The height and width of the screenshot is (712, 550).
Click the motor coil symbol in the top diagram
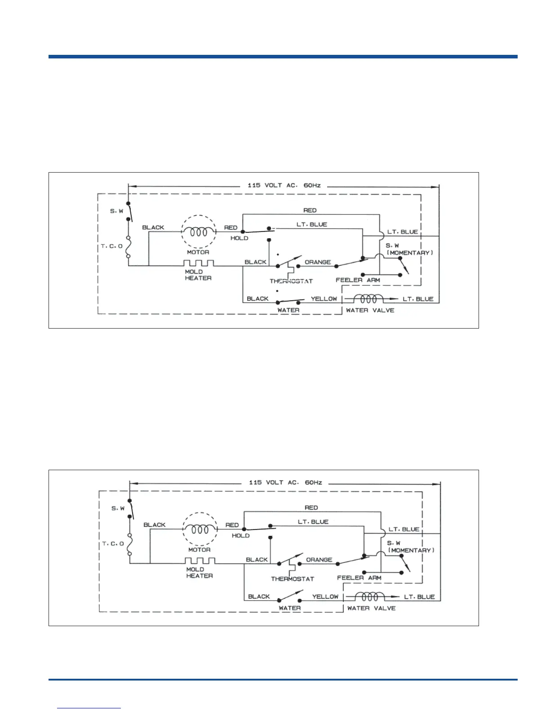click(198, 232)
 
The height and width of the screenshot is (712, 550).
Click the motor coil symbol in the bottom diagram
click(199, 530)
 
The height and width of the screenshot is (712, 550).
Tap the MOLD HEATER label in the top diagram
click(198, 275)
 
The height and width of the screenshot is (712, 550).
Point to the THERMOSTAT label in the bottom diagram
click(292, 579)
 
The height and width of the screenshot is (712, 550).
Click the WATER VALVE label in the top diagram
click(370, 310)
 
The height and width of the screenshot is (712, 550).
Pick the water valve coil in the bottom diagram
click(370, 596)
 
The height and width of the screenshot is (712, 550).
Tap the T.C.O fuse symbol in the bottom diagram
click(130, 544)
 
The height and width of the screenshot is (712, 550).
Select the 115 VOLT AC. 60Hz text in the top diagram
click(284, 185)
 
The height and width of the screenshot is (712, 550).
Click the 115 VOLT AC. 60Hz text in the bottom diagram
click(286, 482)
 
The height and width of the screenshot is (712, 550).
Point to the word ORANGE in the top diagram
click(318, 262)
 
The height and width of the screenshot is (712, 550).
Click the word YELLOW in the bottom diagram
click(325, 596)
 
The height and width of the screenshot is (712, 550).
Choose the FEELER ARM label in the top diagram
click(358, 280)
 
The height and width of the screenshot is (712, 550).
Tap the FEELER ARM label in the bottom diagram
click(359, 578)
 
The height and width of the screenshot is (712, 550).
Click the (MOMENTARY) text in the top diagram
click(410, 253)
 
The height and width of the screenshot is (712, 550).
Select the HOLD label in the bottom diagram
click(241, 536)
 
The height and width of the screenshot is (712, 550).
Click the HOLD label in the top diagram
click(240, 238)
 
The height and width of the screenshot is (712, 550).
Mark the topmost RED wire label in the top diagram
click(310, 210)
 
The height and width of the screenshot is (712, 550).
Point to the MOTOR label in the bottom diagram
click(199, 550)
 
